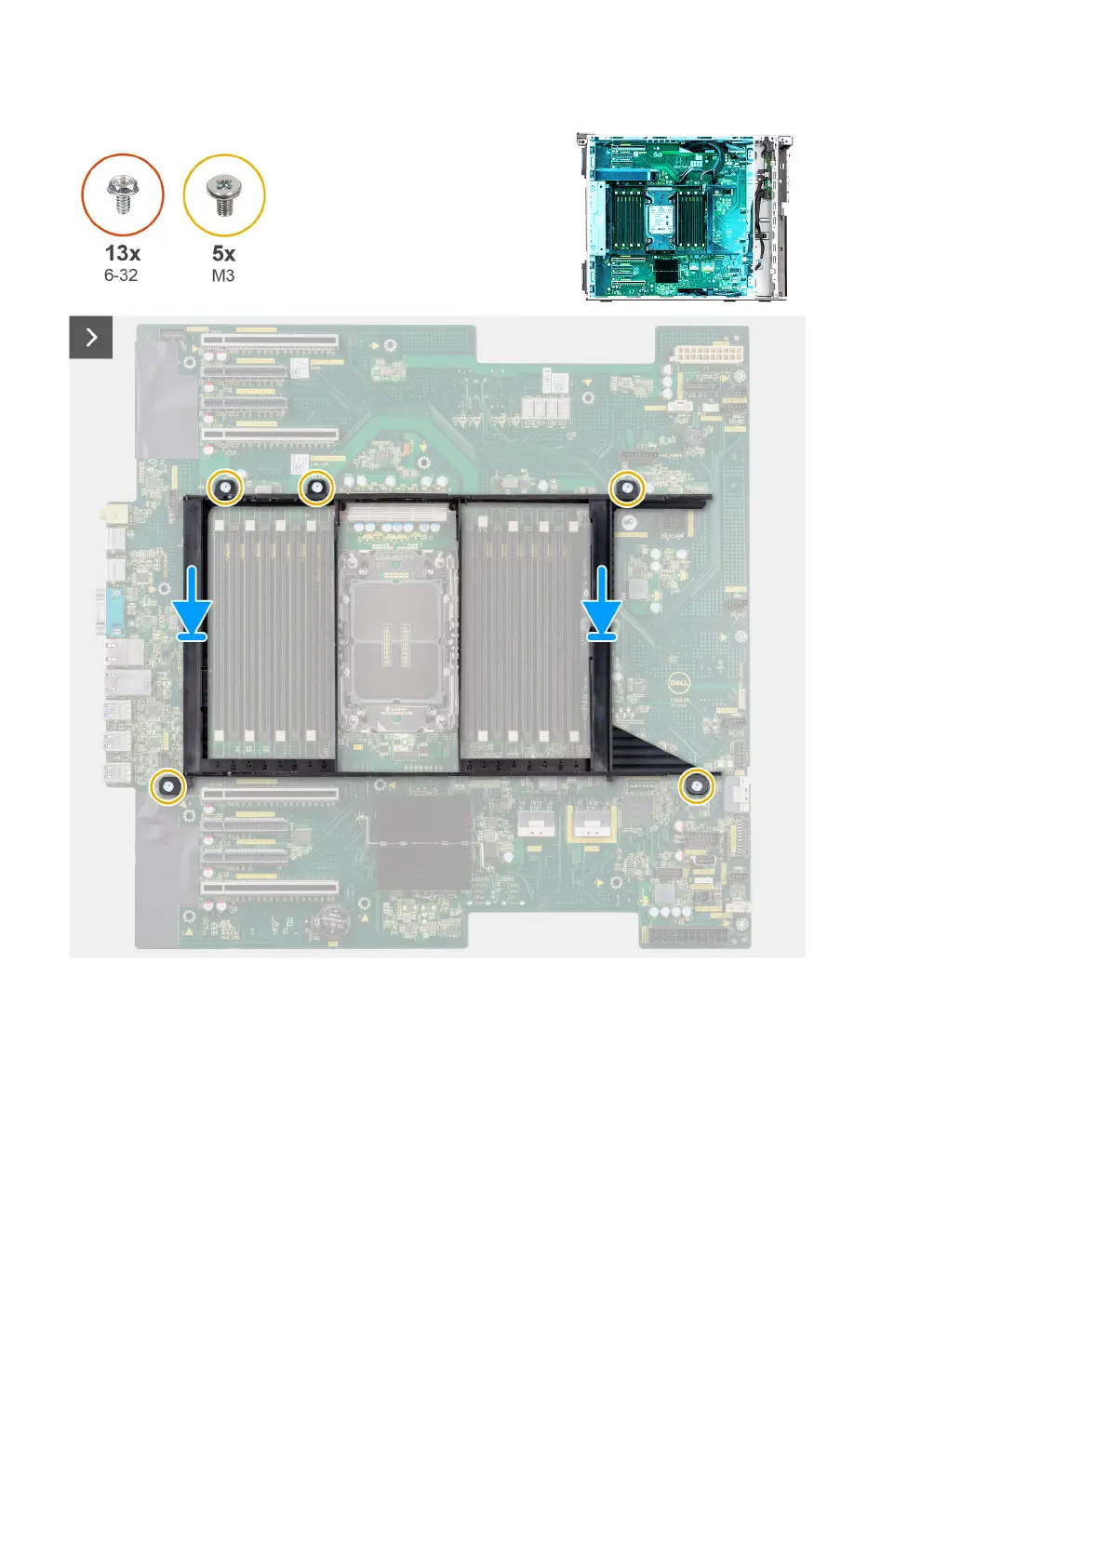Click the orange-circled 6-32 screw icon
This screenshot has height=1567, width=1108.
[x=123, y=194]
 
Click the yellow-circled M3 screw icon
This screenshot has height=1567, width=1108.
[x=224, y=194]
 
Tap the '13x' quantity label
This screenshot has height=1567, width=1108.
[x=123, y=253]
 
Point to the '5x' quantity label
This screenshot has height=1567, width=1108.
[x=224, y=253]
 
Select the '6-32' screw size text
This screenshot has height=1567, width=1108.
[x=121, y=275]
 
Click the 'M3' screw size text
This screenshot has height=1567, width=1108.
[x=223, y=275]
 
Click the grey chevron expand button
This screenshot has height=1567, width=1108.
[x=91, y=337]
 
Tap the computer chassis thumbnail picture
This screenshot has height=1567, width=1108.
[x=684, y=217]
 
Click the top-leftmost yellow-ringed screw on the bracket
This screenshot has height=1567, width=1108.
[x=225, y=487]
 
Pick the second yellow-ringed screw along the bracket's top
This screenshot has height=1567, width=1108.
[x=316, y=487]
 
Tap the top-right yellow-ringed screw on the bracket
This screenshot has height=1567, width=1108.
[x=627, y=488]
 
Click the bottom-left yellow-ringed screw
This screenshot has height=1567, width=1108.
[x=168, y=787]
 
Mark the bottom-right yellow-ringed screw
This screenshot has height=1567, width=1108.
[x=697, y=787]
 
